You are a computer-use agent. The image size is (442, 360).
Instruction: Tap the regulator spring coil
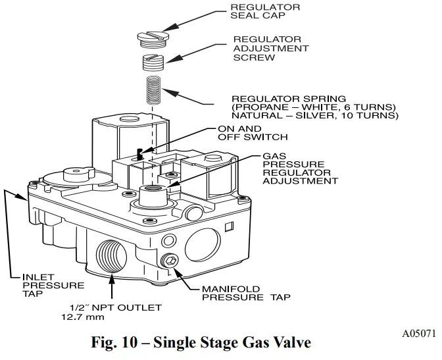[153, 90]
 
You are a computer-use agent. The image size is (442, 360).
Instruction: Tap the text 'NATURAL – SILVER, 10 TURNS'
[314, 116]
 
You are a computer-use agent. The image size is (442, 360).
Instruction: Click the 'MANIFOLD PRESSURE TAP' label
[247, 292]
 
